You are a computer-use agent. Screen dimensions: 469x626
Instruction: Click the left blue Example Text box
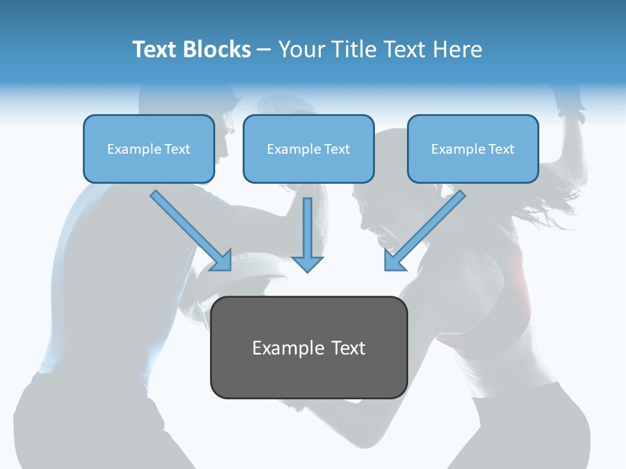(149, 149)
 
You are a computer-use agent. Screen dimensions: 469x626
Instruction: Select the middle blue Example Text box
(308, 149)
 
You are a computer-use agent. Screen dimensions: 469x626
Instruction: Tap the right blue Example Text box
(473, 149)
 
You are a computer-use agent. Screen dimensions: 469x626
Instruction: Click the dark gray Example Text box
(308, 347)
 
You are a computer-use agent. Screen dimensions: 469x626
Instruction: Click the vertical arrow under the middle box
(307, 234)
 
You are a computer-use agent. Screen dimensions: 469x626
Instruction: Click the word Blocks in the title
(218, 50)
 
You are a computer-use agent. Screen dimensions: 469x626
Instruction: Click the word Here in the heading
(456, 50)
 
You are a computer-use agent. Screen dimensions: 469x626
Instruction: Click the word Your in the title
(300, 50)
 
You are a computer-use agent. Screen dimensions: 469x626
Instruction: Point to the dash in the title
(265, 50)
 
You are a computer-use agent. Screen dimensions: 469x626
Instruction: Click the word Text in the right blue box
(501, 149)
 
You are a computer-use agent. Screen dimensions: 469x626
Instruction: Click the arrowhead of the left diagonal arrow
(222, 261)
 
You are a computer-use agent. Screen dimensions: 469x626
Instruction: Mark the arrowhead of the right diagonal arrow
(393, 260)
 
